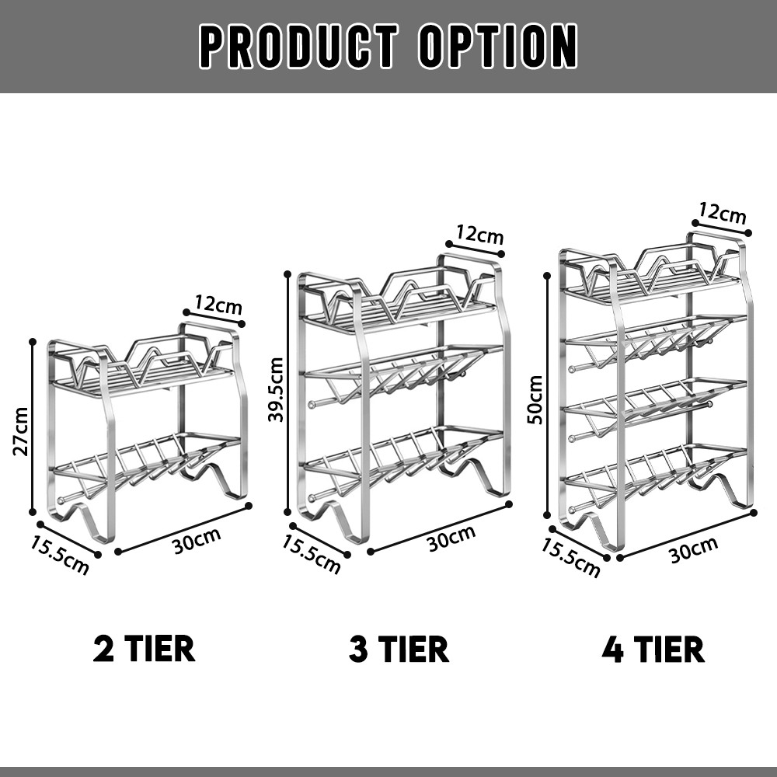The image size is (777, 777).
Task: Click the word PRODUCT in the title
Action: tap(299, 46)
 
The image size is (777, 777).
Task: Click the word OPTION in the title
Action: tap(498, 46)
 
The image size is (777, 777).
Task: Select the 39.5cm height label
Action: tap(276, 389)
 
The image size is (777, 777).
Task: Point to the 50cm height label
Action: tap(535, 399)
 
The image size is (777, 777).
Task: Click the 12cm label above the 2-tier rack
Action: tap(218, 305)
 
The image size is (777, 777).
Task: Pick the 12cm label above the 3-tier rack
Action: tap(479, 235)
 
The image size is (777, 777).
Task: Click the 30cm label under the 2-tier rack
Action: tap(197, 538)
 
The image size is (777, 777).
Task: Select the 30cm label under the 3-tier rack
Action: tap(451, 537)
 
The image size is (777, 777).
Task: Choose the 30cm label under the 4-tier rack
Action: tap(694, 549)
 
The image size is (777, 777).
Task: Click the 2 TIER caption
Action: tap(144, 649)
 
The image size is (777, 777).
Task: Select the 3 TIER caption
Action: tap(399, 649)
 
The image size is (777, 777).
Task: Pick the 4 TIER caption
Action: tap(653, 649)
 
